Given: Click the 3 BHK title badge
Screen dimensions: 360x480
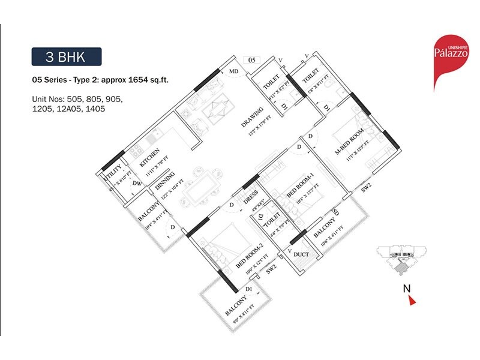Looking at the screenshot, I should coord(67,58).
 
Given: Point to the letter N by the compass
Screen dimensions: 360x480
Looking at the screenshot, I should coord(406,287).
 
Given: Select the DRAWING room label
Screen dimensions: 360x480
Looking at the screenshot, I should coord(245,118).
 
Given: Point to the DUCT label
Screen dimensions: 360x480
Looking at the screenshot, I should coord(301,255).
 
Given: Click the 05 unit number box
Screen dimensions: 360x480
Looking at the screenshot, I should coord(252,60).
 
